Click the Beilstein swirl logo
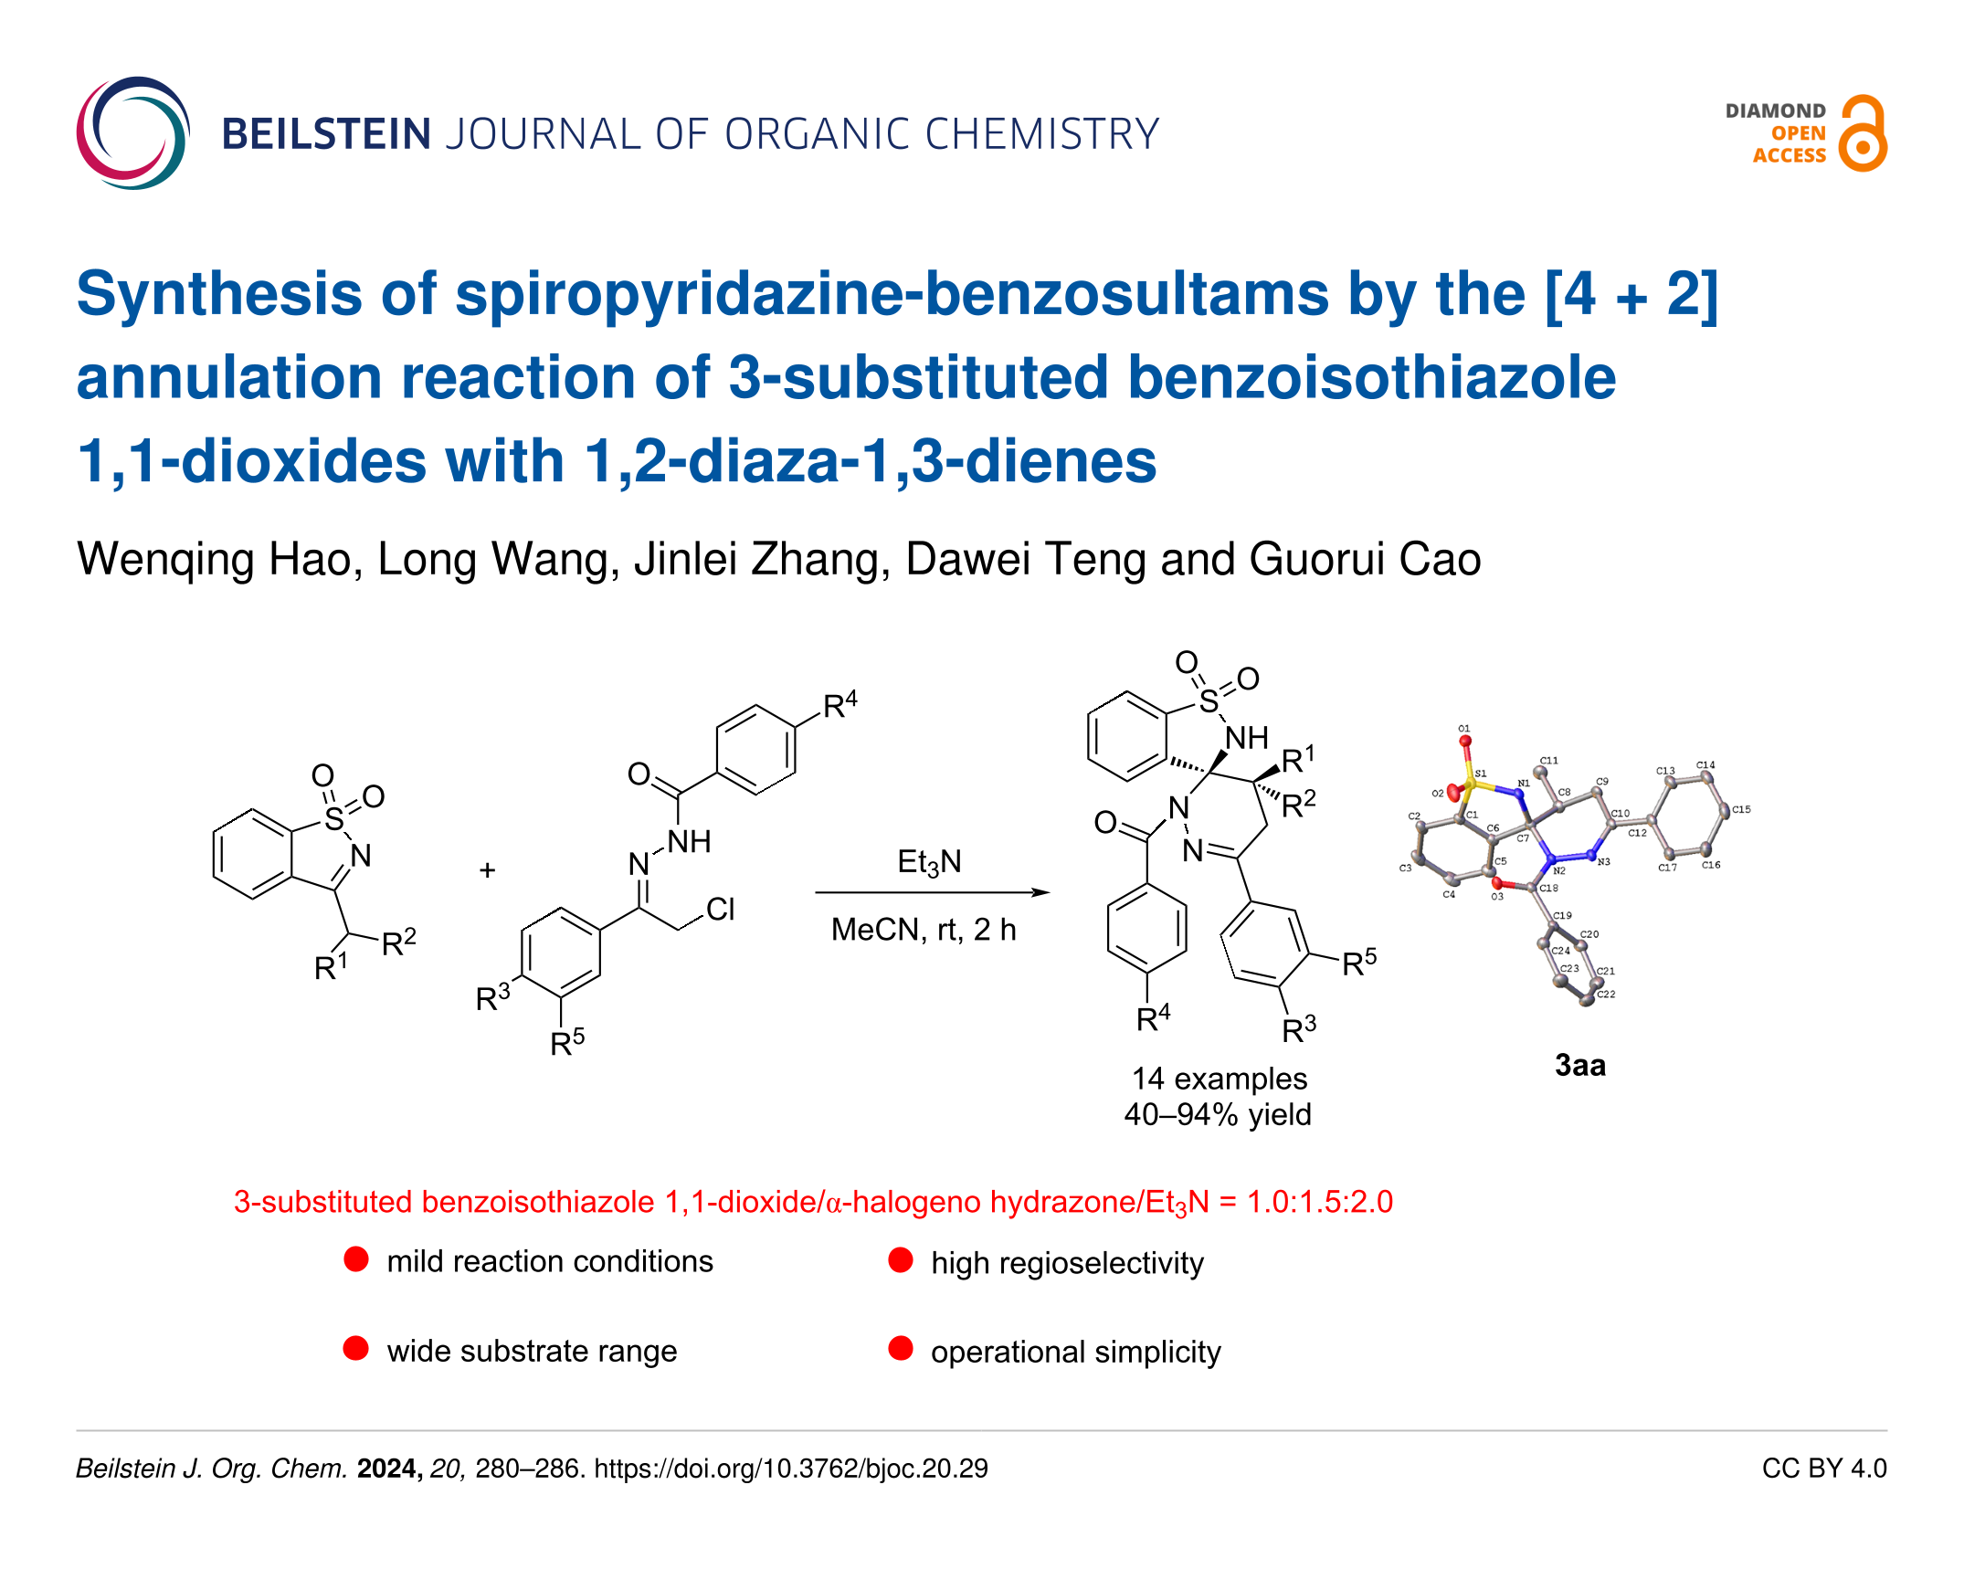click(x=132, y=133)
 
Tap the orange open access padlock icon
click(x=1863, y=134)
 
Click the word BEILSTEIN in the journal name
click(x=326, y=134)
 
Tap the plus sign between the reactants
click(x=487, y=870)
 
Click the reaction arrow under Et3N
click(x=932, y=892)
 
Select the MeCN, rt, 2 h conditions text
click(x=924, y=930)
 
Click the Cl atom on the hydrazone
click(x=721, y=909)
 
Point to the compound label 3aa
click(x=1579, y=1065)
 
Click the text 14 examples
click(x=1220, y=1079)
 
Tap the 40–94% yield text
click(x=1218, y=1114)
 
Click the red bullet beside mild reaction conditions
click(x=356, y=1259)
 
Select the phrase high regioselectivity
click(x=1067, y=1263)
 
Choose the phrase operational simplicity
click(x=1075, y=1352)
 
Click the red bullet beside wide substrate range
click(x=356, y=1349)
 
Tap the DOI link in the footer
click(x=791, y=1469)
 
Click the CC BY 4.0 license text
click(x=1823, y=1469)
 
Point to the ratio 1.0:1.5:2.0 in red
click(x=1320, y=1202)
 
